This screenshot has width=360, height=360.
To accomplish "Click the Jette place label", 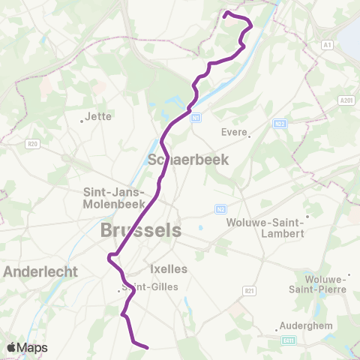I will [x=99, y=116].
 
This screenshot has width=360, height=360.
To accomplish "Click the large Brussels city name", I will [x=141, y=231].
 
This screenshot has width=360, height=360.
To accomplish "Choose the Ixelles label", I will [x=169, y=268].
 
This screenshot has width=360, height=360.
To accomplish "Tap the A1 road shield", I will [x=326, y=45].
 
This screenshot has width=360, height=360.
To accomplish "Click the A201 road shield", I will [x=346, y=100].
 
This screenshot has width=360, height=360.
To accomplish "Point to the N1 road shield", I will [x=196, y=117].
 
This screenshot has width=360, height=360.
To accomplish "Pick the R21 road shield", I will [x=249, y=290].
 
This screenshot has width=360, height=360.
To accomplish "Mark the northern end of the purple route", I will [x=226, y=13].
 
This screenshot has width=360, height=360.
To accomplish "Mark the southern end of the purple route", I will [x=147, y=347].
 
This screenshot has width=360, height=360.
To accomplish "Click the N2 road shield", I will [x=221, y=208].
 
